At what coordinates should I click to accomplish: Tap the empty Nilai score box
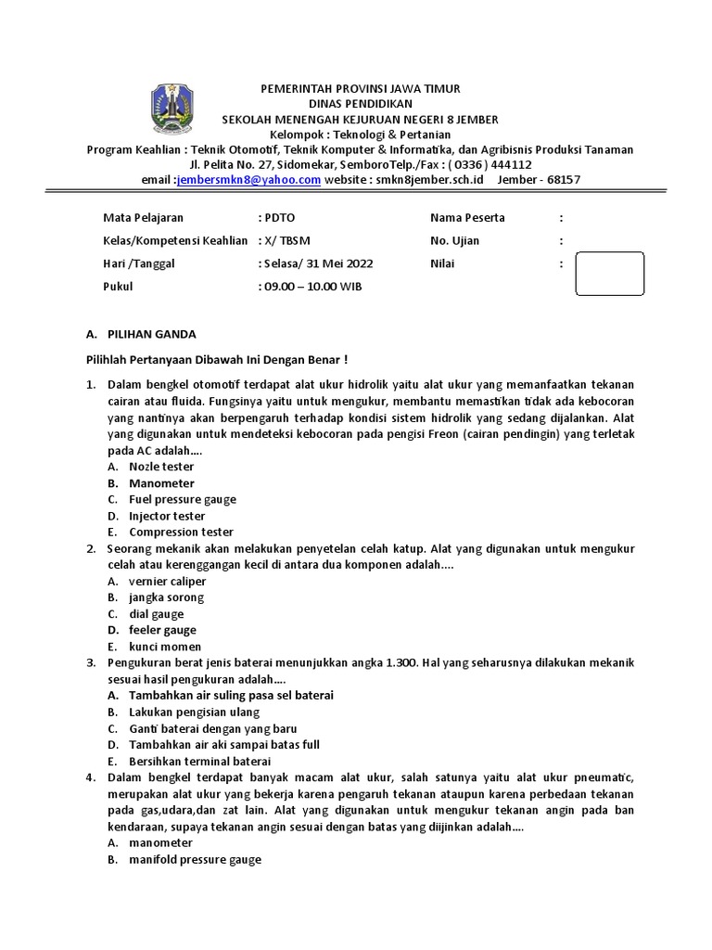click(x=609, y=276)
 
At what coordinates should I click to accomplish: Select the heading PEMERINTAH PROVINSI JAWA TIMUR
click(x=359, y=88)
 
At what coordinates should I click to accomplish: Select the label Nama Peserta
click(x=467, y=218)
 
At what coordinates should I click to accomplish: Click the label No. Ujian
click(x=455, y=240)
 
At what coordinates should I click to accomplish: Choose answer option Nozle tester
click(x=161, y=467)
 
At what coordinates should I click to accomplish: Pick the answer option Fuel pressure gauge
click(x=183, y=499)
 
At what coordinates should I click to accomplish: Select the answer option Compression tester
click(x=181, y=533)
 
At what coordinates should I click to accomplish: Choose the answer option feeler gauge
click(x=162, y=630)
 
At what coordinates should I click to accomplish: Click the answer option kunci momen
click(x=165, y=647)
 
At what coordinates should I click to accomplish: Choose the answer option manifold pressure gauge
click(x=195, y=859)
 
